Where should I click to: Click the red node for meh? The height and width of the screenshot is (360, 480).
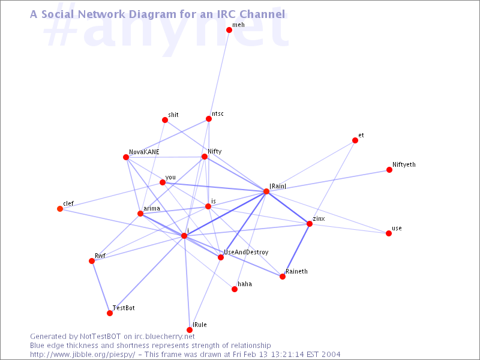pos(229,29)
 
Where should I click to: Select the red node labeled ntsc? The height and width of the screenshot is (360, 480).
pos(208,119)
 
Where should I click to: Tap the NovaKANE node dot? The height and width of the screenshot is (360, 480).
pos(126,157)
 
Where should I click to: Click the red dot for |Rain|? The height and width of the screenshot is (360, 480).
pos(266,191)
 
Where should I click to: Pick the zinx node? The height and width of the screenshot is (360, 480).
pos(310,224)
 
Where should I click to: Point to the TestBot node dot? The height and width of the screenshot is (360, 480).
pos(110,313)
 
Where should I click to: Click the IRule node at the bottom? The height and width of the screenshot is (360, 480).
pos(190,329)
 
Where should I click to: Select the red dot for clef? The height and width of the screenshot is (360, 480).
pos(60,209)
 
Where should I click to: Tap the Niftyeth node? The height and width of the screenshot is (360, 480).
pos(389,170)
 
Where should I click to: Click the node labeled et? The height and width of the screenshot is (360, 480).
pos(355,140)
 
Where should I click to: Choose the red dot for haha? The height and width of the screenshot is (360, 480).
pos(235,289)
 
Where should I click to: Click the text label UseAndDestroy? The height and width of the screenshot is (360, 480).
pos(246,252)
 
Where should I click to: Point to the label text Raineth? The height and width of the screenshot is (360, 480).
pos(296,271)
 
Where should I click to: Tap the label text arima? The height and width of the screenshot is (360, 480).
pos(152,208)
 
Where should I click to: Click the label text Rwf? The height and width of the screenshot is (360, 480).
pos(100,256)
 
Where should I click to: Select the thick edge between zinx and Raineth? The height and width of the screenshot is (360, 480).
pos(296,250)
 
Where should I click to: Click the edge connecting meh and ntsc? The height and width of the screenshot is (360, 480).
pos(219,74)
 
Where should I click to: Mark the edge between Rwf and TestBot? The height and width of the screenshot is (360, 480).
pos(101,287)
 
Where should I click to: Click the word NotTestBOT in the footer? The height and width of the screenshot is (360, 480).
pos(100,337)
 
